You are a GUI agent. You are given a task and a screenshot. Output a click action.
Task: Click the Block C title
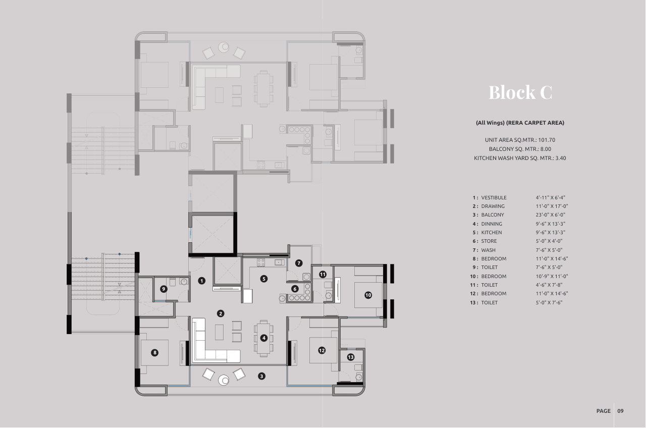point(520,92)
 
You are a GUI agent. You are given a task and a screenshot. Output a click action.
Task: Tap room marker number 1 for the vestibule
point(201,281)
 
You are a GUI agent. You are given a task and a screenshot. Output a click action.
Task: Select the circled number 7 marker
point(299,263)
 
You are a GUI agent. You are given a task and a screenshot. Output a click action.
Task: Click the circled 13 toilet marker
point(350,357)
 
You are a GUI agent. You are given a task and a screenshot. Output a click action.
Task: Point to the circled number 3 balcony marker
point(261,376)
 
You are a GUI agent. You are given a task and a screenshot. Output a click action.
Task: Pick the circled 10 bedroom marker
point(368,295)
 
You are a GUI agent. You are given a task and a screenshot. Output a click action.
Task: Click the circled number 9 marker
point(164,289)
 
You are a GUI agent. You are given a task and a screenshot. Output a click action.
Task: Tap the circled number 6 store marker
point(295,289)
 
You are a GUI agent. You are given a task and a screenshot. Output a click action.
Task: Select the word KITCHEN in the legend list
point(492,233)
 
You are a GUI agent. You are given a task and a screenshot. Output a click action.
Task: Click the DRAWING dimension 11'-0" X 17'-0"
point(552,206)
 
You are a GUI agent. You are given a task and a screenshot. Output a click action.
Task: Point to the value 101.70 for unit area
point(547,140)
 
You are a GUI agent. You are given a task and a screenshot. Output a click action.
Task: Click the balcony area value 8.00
point(546,149)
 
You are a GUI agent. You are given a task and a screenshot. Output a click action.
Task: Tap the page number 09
point(620,411)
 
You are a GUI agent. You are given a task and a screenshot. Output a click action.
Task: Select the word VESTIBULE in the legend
point(494,197)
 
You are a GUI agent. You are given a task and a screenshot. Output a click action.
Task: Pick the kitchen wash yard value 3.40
point(561,158)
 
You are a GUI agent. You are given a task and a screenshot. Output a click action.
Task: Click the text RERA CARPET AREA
point(535,123)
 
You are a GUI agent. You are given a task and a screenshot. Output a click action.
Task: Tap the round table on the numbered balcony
point(224,380)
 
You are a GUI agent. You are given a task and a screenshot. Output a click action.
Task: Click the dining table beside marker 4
point(263,339)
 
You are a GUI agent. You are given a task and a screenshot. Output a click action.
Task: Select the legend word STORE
point(489,241)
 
